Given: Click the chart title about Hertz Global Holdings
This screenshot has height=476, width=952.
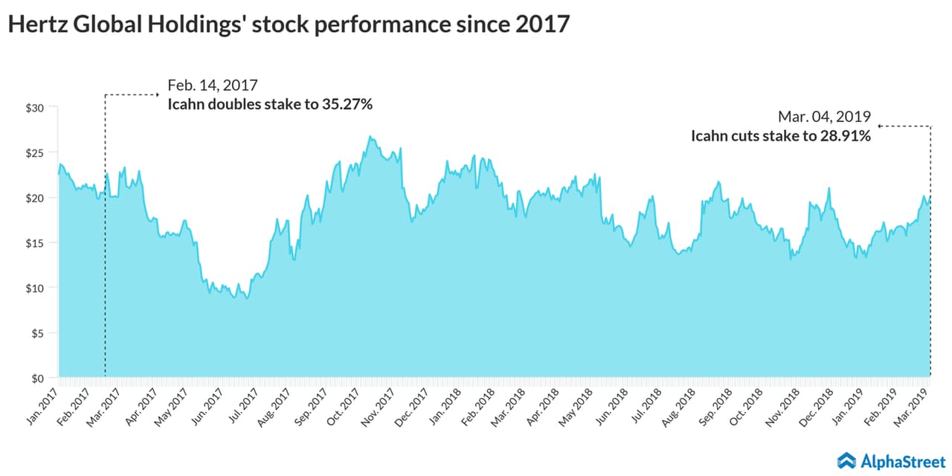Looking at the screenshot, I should pyautogui.click(x=289, y=24).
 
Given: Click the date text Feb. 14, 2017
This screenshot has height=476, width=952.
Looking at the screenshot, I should pyautogui.click(x=213, y=85).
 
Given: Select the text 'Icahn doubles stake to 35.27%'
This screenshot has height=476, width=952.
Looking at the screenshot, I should pyautogui.click(x=270, y=104).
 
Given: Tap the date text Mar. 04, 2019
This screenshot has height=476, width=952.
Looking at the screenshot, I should pyautogui.click(x=824, y=117).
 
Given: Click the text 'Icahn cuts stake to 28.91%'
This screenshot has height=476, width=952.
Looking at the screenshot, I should pyautogui.click(x=781, y=136).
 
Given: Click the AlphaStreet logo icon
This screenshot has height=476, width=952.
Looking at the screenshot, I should pyautogui.click(x=847, y=460).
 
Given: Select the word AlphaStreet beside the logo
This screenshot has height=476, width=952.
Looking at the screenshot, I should pyautogui.click(x=903, y=460).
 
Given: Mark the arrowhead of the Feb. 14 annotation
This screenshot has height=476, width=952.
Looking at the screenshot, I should pyautogui.click(x=158, y=94).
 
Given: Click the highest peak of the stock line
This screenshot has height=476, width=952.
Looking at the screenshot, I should pyautogui.click(x=370, y=137).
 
